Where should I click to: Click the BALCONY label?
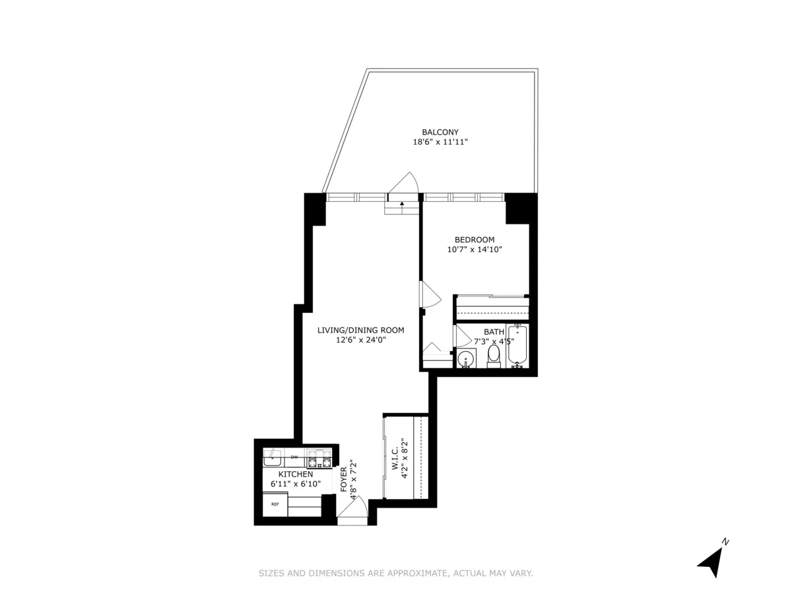tap(440, 132)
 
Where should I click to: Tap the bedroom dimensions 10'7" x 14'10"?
tap(474, 249)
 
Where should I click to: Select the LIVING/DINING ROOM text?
tap(360, 330)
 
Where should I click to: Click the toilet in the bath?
tap(494, 357)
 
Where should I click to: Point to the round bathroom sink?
tap(466, 360)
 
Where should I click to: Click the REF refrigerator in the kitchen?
tap(275, 504)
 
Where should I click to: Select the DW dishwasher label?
tap(294, 457)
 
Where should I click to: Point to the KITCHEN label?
tap(295, 474)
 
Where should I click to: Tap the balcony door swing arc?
tap(407, 183)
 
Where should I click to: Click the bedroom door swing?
tap(430, 294)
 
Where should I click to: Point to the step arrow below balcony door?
tap(402, 205)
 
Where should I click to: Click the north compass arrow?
tap(712, 560)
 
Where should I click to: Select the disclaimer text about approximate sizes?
tap(395, 574)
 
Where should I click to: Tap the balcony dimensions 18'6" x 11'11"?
tap(440, 142)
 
